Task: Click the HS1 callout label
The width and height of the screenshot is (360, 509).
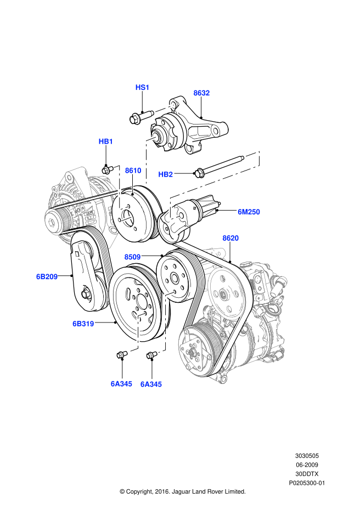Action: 142,87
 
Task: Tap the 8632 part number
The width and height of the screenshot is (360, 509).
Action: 201,93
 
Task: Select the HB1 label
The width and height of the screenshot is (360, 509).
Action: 106,142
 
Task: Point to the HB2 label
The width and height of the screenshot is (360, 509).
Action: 165,174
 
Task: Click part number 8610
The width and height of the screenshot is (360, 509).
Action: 133,171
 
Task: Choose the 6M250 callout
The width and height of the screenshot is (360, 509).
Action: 249,212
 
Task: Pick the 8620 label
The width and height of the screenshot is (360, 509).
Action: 230,238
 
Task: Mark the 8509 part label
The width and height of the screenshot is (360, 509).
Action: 132,257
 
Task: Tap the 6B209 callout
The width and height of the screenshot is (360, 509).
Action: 47,276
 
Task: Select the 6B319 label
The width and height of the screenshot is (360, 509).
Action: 83,324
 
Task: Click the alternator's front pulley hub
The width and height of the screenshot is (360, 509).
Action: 53,222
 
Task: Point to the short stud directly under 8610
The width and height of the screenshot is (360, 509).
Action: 132,184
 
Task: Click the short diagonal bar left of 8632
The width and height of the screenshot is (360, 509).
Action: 165,108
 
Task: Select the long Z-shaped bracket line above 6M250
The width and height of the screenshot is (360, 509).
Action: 214,182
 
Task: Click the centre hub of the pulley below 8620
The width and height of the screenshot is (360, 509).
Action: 224,295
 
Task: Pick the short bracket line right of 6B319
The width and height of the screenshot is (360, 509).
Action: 137,332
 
